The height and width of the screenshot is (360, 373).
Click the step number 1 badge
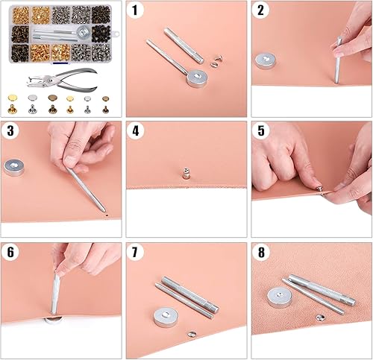[134, 10]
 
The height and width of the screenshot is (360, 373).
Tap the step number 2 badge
[260, 10]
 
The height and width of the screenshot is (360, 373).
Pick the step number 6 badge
[10, 252]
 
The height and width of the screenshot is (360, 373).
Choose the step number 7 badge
[135, 252]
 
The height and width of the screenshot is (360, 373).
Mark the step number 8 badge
[260, 252]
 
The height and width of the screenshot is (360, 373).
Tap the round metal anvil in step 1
[198, 77]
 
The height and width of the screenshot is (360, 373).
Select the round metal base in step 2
[267, 61]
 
